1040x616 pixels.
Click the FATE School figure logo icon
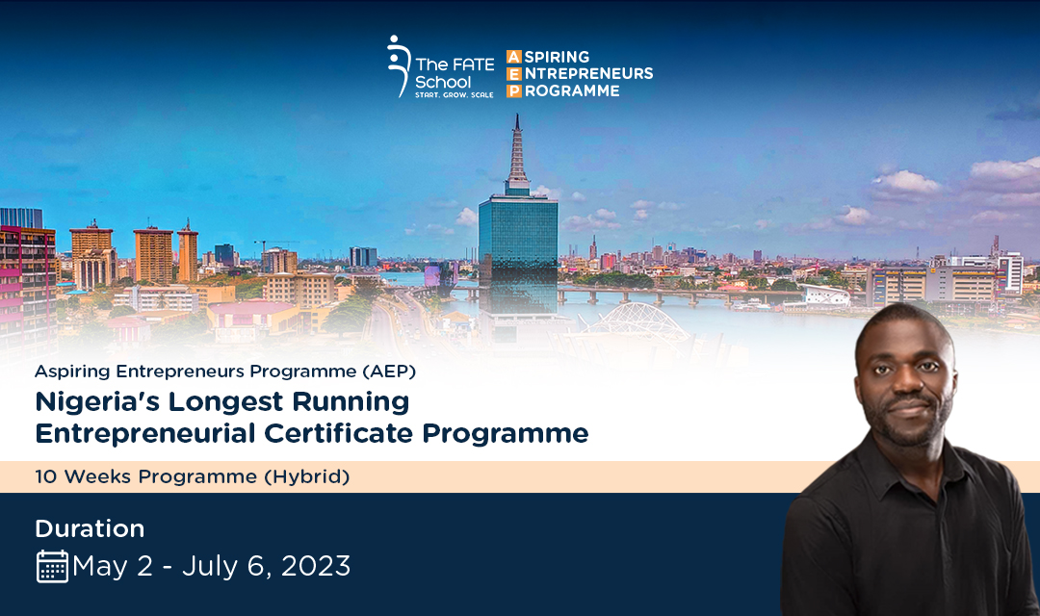coord(398,66)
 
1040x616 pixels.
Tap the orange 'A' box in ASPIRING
coord(514,57)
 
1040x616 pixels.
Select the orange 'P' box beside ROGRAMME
coord(514,90)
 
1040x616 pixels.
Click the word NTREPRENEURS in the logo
coord(589,73)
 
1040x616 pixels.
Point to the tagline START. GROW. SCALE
coord(455,95)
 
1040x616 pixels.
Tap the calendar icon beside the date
coord(52,567)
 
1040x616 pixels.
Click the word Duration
coord(90,528)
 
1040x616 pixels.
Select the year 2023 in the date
coord(316,566)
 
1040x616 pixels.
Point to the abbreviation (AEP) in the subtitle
coord(389,372)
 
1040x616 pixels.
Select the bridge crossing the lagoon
coord(637,294)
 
